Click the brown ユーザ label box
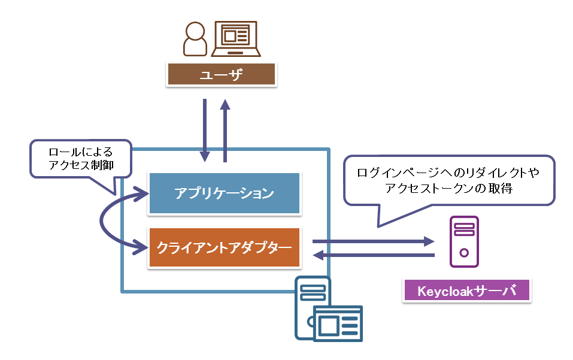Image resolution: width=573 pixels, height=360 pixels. pos(222,74)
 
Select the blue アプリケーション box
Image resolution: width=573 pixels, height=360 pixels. pos(224,193)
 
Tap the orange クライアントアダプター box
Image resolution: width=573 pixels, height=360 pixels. pos(224,247)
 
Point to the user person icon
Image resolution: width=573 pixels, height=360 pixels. pos(195,40)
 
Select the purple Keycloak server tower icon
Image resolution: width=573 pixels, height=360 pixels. pos(464,241)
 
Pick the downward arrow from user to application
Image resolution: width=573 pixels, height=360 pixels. pos(205,129)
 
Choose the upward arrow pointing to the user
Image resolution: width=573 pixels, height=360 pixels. pos(225,129)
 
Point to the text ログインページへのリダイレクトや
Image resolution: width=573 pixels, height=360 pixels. pos(447,173)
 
